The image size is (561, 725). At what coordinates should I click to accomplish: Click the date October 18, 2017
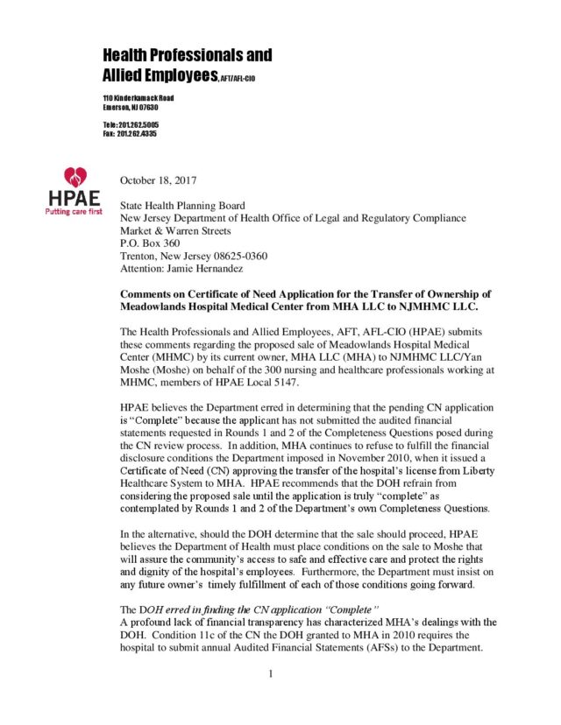tap(158, 180)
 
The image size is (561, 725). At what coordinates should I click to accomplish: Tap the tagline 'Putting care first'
tap(75, 211)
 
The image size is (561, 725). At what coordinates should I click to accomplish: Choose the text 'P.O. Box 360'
tap(150, 243)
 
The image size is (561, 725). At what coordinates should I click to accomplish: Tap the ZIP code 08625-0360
tap(237, 256)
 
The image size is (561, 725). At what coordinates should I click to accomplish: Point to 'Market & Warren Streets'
tap(175, 231)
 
